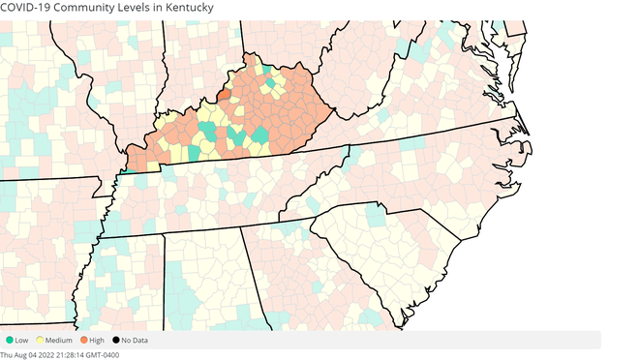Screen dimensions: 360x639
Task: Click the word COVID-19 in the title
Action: tap(27, 8)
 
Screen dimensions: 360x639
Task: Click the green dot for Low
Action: tap(9, 340)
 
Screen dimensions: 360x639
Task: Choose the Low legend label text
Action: tap(22, 340)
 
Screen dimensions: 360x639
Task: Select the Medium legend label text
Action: tap(59, 340)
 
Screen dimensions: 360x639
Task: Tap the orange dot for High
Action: tap(84, 340)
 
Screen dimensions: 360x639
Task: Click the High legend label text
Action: tap(98, 340)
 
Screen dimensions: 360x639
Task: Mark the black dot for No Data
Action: tap(116, 340)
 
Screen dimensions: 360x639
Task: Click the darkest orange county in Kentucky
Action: tap(225, 95)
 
